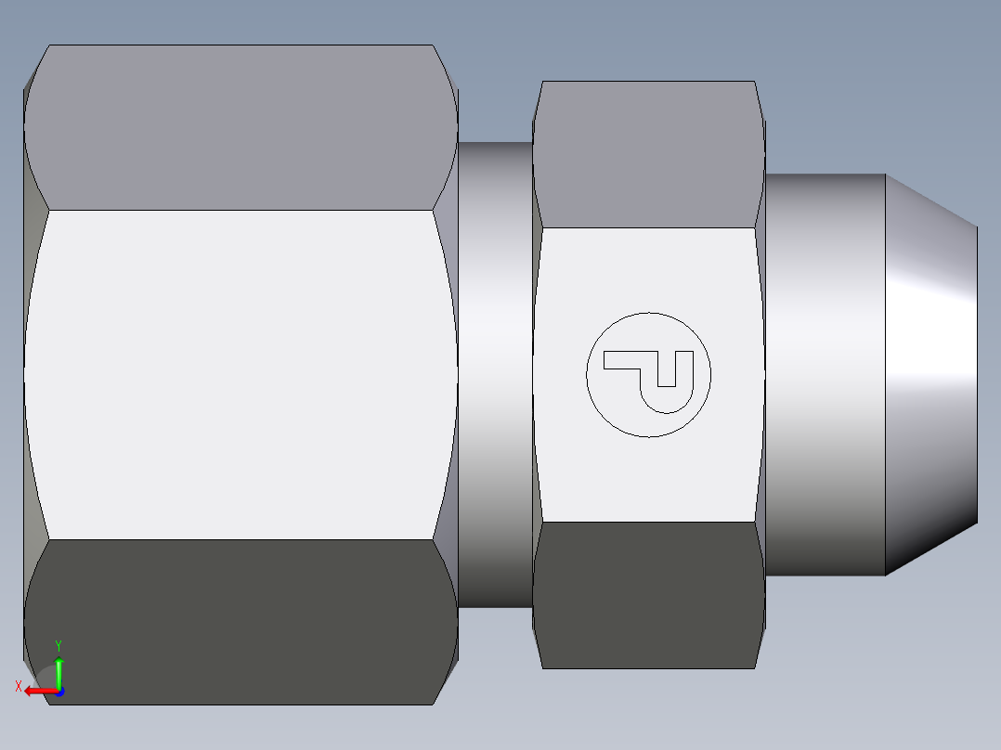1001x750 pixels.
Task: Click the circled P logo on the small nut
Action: click(648, 374)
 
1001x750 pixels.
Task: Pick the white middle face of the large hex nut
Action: click(240, 374)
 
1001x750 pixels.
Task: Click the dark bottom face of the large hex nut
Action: click(240, 622)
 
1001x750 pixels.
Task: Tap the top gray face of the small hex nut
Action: click(648, 154)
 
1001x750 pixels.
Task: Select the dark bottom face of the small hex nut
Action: click(648, 594)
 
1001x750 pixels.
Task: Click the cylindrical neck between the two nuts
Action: click(495, 374)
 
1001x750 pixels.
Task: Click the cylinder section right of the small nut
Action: click(825, 374)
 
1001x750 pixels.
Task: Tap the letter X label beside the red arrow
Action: click(19, 686)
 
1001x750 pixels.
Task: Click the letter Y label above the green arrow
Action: click(58, 644)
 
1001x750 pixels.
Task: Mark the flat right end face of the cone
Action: click(977, 374)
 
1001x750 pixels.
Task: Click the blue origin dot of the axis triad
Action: click(59, 691)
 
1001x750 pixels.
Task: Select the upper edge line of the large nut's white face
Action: click(240, 210)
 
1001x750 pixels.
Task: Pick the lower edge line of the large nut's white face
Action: click(240, 539)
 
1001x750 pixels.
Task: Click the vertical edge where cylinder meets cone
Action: click(885, 374)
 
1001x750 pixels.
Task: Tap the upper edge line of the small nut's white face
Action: click(648, 227)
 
